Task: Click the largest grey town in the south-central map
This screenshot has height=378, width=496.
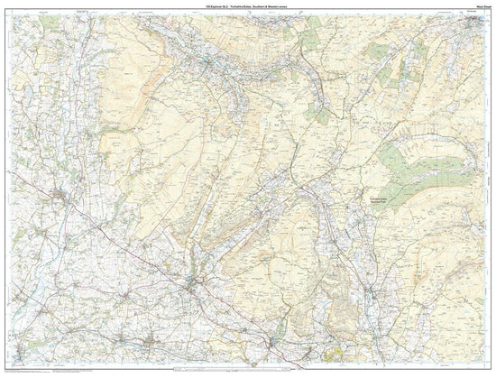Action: [x=197, y=285]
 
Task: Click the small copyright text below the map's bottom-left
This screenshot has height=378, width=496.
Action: [x=36, y=373]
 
